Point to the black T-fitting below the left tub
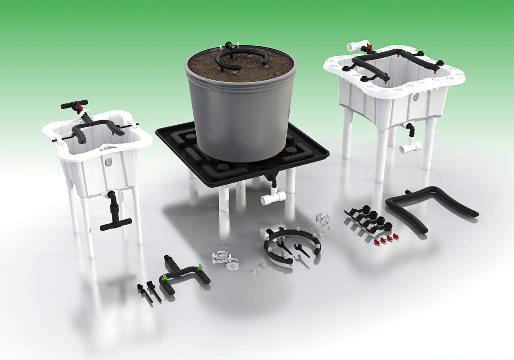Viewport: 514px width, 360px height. [x=115, y=221]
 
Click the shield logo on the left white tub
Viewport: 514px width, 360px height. [x=108, y=162]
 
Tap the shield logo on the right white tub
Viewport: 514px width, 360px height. [x=415, y=97]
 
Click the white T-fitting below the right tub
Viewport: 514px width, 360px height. [x=410, y=147]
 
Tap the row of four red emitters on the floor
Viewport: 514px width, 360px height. [x=383, y=239]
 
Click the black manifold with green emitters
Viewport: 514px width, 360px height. [x=184, y=274]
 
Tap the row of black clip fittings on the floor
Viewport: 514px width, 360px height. [x=368, y=219]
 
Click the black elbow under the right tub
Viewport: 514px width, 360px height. [x=410, y=129]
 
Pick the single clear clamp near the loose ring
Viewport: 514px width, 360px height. [x=323, y=218]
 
